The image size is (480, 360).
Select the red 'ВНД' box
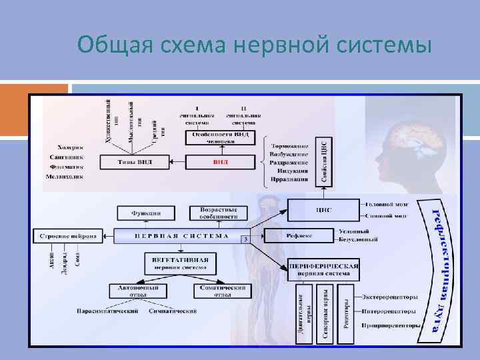coord(220,162)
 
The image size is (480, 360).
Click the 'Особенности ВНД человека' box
coord(220,137)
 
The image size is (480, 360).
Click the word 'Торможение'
coord(290,145)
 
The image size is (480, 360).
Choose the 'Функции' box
coord(147,213)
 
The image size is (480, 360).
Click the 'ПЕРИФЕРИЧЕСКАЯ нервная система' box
coord(324,269)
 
